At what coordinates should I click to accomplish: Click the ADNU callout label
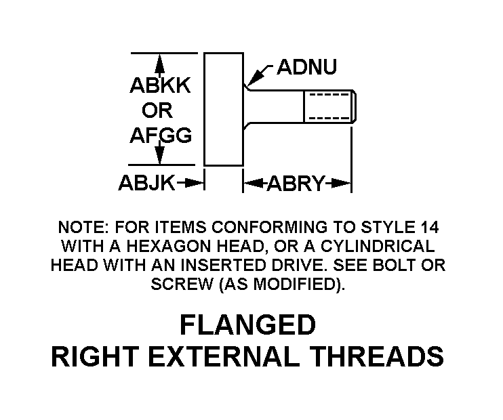(306, 68)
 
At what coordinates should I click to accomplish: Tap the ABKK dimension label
(160, 86)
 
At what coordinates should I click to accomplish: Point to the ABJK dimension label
(147, 183)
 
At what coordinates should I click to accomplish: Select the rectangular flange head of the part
(223, 108)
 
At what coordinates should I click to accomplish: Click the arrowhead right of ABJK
(197, 183)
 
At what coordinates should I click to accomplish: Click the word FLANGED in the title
(247, 326)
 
